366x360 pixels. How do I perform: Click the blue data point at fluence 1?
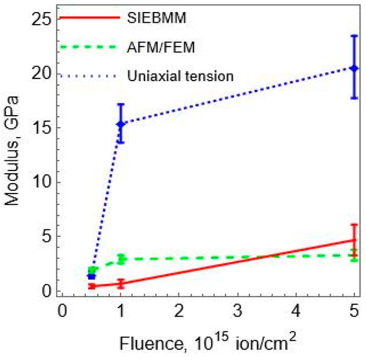pyautogui.click(x=120, y=124)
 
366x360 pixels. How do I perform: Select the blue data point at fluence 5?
pyautogui.click(x=354, y=68)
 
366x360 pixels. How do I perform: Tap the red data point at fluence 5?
pyautogui.click(x=354, y=240)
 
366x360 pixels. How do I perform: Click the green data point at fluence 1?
pyautogui.click(x=120, y=259)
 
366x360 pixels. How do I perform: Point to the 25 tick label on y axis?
pyautogui.click(x=42, y=19)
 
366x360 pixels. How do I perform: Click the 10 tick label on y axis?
pyautogui.click(x=42, y=182)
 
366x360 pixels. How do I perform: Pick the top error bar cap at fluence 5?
pyautogui.click(x=354, y=36)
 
